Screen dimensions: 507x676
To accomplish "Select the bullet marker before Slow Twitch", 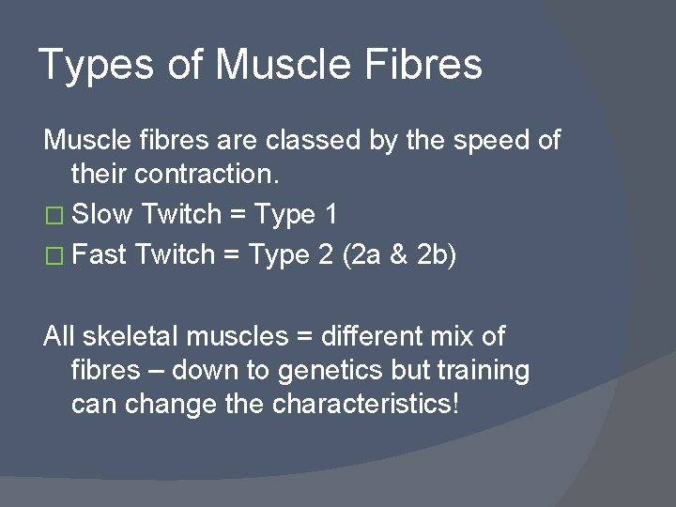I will (54, 216).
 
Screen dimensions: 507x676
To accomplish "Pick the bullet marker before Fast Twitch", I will (54, 256).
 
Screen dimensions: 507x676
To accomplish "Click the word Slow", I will (103, 215).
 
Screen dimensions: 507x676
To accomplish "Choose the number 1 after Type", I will (330, 215).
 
